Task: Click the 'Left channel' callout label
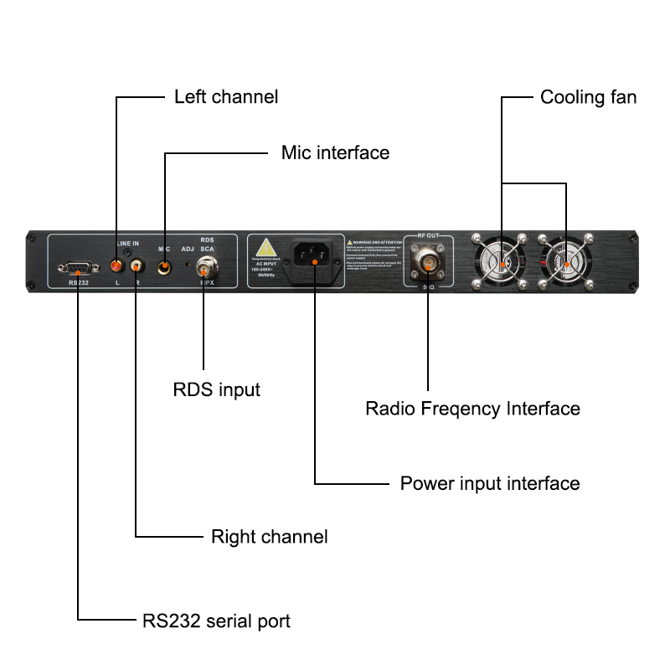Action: (225, 97)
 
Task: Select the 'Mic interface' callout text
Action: (335, 153)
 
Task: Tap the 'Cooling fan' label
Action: (588, 97)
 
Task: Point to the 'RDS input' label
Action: (216, 389)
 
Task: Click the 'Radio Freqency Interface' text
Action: (472, 409)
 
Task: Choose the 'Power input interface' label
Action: (489, 483)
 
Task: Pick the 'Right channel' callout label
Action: (269, 536)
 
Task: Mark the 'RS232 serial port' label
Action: (216, 621)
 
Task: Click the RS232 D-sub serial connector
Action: (76, 268)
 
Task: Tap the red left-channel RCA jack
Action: (116, 265)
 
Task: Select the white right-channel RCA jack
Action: (135, 266)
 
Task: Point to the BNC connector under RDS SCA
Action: (204, 268)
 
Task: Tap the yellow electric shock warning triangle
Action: (266, 249)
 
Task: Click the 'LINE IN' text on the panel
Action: (127, 243)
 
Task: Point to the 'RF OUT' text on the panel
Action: (428, 237)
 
